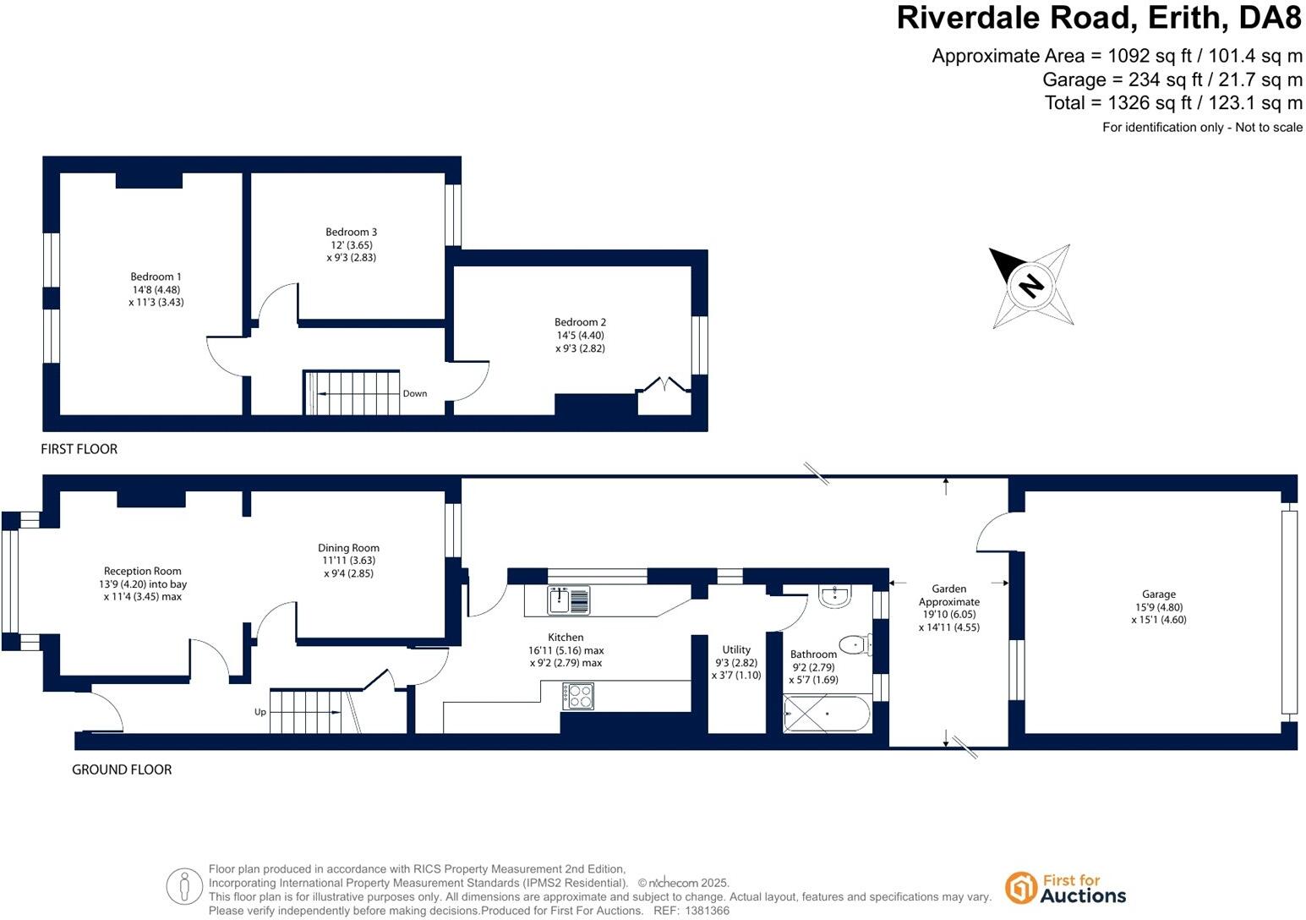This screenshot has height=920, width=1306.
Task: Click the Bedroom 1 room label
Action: click(x=156, y=277)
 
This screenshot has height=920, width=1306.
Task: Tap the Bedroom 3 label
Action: click(x=351, y=232)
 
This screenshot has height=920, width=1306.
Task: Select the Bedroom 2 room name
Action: click(x=580, y=322)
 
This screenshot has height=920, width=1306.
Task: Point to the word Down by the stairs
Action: click(x=414, y=393)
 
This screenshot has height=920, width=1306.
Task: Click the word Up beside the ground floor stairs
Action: click(x=260, y=712)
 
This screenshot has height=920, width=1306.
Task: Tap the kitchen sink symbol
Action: click(x=569, y=600)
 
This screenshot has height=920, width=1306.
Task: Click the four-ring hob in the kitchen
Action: click(x=578, y=696)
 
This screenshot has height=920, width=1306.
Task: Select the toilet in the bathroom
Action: click(x=857, y=646)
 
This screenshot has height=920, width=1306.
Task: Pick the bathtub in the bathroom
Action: click(x=826, y=715)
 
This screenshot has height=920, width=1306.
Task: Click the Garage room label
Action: click(x=1156, y=594)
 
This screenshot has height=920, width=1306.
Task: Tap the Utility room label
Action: click(x=736, y=649)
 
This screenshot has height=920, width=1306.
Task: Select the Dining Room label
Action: click(x=348, y=548)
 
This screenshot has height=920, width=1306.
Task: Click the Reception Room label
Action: click(x=142, y=571)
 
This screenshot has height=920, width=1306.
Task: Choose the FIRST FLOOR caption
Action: click(x=79, y=449)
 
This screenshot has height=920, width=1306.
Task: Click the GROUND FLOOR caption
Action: click(x=122, y=769)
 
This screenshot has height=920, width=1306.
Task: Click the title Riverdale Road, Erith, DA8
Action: click(x=1098, y=18)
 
